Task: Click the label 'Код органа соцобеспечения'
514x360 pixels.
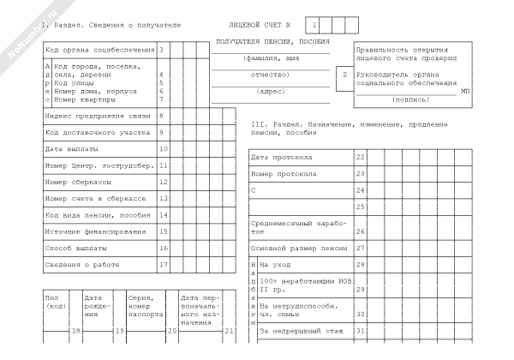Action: click(x=100, y=50)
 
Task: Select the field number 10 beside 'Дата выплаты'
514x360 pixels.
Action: click(x=162, y=148)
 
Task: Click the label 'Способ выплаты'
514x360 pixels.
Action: click(x=75, y=248)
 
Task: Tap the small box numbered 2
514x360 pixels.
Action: click(x=344, y=75)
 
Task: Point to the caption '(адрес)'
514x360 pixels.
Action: click(x=272, y=90)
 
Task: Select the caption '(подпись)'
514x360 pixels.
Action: click(x=412, y=99)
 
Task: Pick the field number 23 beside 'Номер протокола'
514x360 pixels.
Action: click(x=361, y=173)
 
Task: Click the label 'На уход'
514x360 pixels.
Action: click(x=276, y=265)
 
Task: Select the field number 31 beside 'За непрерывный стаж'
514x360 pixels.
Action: click(x=361, y=330)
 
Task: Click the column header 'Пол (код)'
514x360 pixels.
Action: click(x=57, y=302)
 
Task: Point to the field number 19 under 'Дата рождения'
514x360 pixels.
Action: click(x=120, y=330)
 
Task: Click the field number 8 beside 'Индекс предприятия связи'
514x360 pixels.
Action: click(x=162, y=115)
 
